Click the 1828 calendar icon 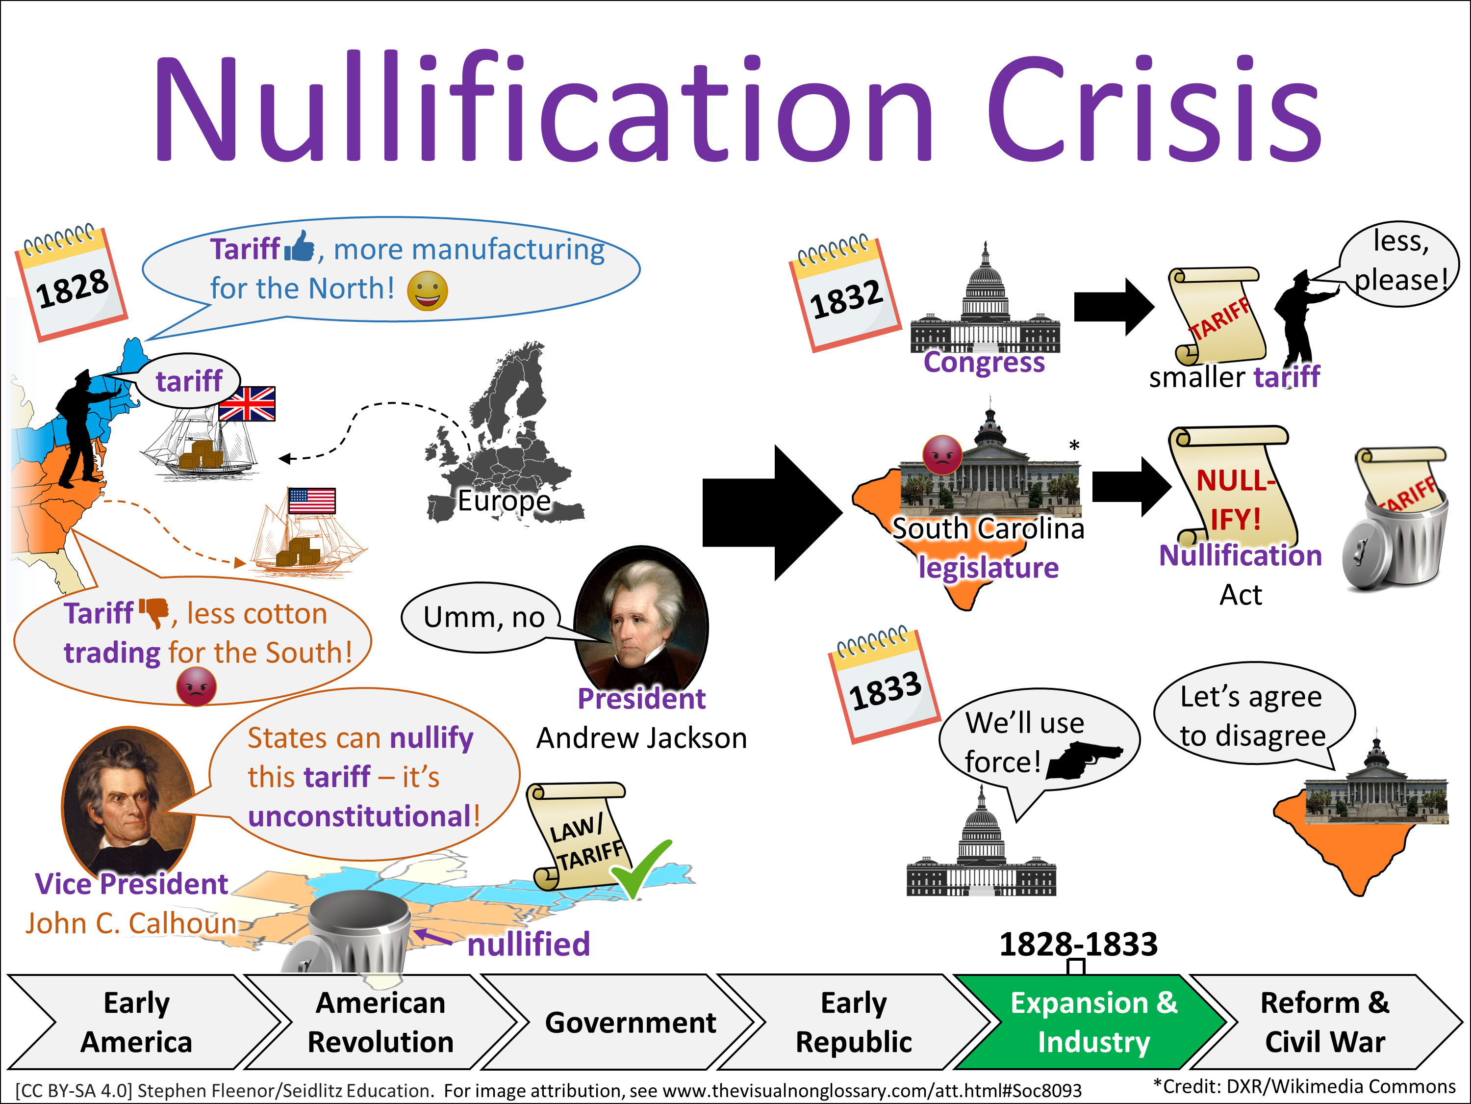click(71, 283)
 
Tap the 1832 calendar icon click(844, 293)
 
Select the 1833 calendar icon click(884, 685)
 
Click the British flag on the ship click(247, 404)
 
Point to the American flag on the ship click(312, 500)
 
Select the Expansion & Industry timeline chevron click(1091, 1022)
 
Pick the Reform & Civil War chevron click(1327, 1022)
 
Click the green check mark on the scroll click(640, 869)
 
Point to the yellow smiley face click(428, 291)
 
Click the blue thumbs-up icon click(299, 247)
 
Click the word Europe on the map click(504, 500)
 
